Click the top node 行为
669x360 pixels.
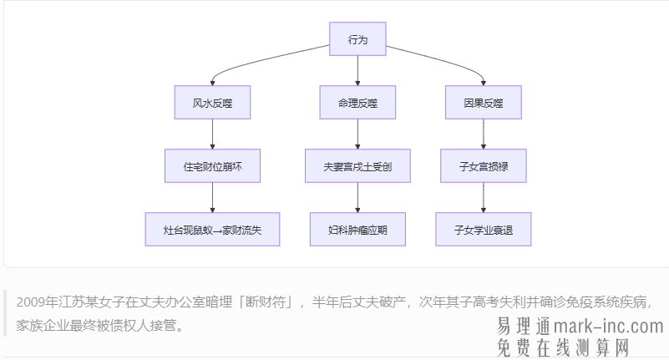[357, 39]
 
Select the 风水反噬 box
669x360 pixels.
[212, 103]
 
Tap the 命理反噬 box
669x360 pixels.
[357, 103]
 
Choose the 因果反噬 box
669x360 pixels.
[484, 103]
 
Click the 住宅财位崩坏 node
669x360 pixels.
[212, 166]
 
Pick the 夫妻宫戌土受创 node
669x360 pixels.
[357, 166]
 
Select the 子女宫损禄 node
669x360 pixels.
[484, 166]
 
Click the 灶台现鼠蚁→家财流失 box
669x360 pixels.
[212, 229]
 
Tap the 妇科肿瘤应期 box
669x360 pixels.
[357, 229]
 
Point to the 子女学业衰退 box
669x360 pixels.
[484, 229]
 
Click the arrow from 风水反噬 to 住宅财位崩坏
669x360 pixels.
[212, 134]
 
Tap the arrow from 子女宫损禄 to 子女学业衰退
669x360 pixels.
[484, 197]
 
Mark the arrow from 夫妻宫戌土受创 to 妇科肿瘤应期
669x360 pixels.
[357, 197]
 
